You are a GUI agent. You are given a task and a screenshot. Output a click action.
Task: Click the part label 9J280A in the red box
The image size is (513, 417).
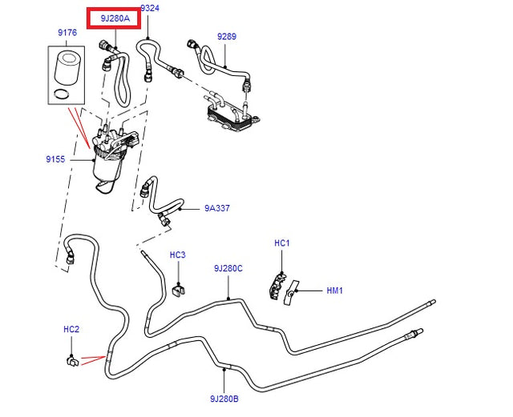coord(113,18)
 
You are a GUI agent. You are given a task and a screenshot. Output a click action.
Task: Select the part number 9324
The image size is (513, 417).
coord(149,8)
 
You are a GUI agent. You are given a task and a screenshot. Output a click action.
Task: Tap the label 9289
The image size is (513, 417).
coord(227,37)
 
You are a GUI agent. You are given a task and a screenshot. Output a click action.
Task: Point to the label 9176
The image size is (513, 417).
coord(67,33)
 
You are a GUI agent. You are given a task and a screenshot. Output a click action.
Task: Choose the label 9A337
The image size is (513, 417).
coord(216,209)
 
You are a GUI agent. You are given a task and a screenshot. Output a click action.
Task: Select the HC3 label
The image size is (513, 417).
coord(177,255)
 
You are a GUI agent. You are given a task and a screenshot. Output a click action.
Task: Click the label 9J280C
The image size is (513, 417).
coord(228,269)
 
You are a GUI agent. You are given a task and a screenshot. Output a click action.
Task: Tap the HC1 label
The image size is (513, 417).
coord(281,243)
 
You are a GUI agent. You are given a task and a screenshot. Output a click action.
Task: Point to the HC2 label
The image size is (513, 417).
coord(71,329)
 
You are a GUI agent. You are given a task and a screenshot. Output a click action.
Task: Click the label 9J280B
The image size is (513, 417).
coord(226,398)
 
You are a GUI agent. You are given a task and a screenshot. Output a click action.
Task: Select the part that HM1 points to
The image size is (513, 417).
coord(293,292)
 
